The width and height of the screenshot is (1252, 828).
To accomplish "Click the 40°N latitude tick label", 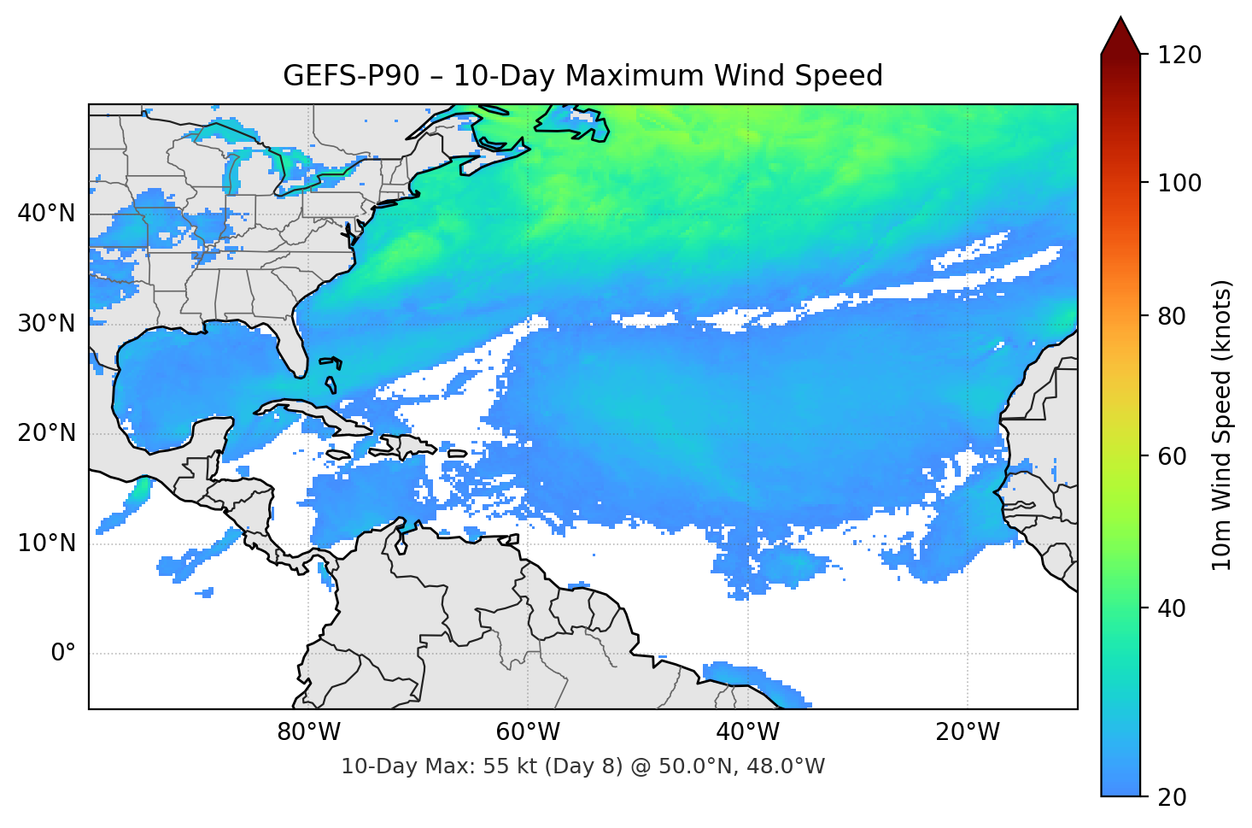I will [46, 214].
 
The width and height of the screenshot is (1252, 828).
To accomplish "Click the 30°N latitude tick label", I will [46, 324].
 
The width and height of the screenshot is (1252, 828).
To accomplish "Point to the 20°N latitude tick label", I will [46, 433].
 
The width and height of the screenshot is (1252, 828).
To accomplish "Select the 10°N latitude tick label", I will [46, 543].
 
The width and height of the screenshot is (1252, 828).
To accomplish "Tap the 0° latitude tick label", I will [63, 654].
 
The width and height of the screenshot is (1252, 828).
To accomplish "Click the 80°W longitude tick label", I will [308, 732].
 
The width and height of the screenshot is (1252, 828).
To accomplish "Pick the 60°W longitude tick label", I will [528, 732].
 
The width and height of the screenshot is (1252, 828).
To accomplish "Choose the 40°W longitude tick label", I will [747, 732].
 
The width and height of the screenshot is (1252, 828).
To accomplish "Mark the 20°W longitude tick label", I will [967, 732].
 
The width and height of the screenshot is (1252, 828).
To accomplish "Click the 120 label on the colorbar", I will [1179, 56].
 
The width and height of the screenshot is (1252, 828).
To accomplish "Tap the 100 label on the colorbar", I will [1179, 183].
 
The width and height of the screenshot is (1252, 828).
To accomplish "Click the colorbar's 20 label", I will [1173, 797].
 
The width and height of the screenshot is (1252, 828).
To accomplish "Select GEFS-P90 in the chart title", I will [351, 76].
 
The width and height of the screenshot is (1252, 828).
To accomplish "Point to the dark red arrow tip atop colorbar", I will [1120, 34].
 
